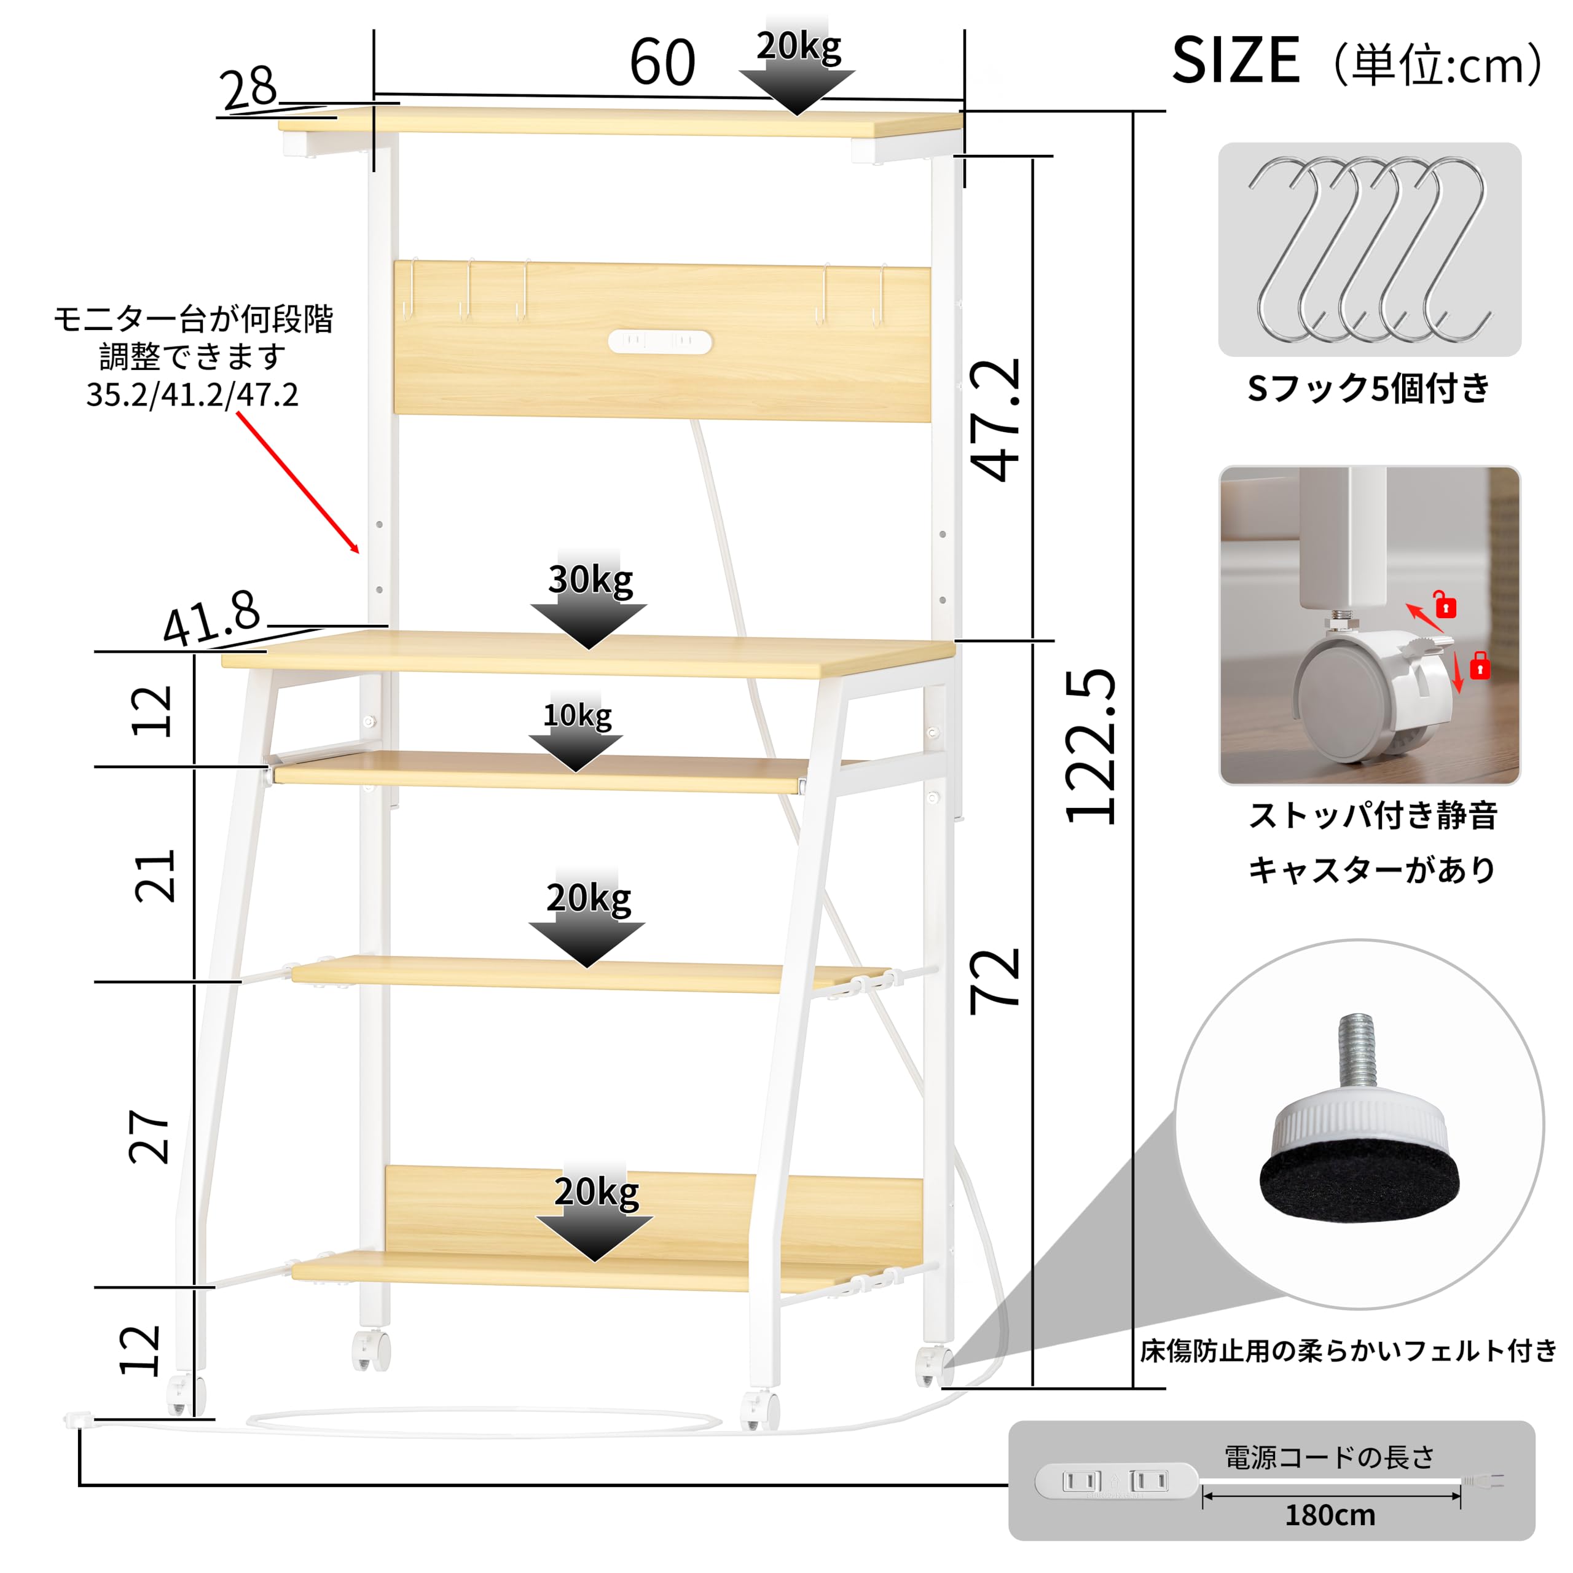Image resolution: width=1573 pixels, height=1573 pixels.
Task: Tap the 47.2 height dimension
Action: click(995, 420)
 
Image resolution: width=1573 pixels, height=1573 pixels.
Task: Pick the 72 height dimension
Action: click(994, 981)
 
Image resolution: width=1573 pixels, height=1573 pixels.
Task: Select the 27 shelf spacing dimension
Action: click(149, 1137)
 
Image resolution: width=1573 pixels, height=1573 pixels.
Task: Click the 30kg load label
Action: click(590, 579)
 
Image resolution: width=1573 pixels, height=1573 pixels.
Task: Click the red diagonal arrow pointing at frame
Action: click(298, 483)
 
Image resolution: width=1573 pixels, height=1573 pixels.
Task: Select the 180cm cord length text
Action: click(1330, 1515)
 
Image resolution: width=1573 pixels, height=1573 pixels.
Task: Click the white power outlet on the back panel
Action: click(661, 342)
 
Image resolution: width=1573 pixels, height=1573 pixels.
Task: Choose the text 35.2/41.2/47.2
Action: click(192, 395)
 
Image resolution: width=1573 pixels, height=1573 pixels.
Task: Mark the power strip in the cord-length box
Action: click(1116, 1481)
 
